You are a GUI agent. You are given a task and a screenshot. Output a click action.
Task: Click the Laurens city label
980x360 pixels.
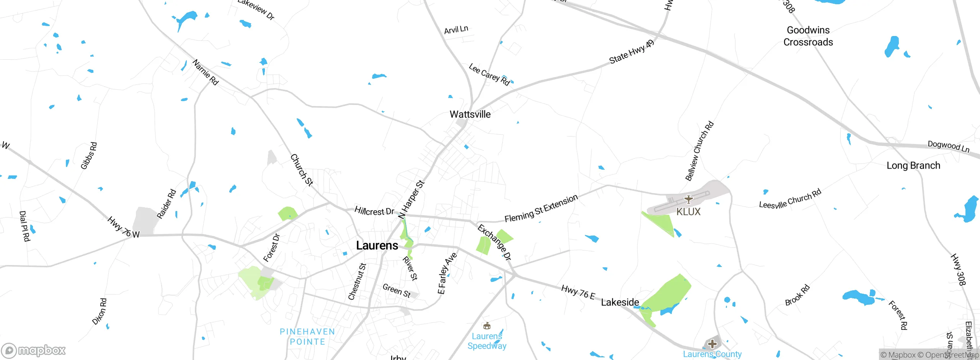pyautogui.click(x=377, y=245)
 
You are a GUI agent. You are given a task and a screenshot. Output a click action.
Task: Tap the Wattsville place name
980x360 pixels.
pyautogui.click(x=470, y=114)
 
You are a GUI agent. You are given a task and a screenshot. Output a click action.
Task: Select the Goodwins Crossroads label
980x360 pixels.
pyautogui.click(x=808, y=36)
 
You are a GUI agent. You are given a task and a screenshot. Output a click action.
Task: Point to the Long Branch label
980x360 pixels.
pyautogui.click(x=913, y=165)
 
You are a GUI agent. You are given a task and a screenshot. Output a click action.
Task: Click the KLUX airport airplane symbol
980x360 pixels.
pyautogui.click(x=689, y=199)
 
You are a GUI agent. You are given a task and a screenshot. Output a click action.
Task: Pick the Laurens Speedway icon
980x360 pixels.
pyautogui.click(x=487, y=326)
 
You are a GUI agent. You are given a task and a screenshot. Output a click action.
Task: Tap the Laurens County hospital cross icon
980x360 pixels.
pyautogui.click(x=712, y=344)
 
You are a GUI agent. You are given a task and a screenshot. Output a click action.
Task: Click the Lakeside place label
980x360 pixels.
pyautogui.click(x=620, y=302)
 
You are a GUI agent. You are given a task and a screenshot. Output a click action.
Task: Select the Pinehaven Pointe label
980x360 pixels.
pyautogui.click(x=307, y=337)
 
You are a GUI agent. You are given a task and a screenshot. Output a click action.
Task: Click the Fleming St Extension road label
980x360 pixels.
pyautogui.click(x=541, y=208)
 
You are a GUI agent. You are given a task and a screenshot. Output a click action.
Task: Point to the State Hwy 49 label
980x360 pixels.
pyautogui.click(x=632, y=52)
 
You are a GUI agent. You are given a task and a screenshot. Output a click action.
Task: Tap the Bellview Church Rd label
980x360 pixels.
pyautogui.click(x=699, y=151)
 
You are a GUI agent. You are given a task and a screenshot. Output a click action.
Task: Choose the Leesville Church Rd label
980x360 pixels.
pyautogui.click(x=790, y=199)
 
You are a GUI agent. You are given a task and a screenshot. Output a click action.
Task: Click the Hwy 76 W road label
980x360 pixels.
pyautogui.click(x=123, y=227)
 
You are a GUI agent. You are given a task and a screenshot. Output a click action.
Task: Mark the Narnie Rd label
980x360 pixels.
pyautogui.click(x=205, y=72)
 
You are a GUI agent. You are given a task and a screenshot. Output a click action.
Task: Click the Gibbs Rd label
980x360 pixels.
pyautogui.click(x=89, y=155)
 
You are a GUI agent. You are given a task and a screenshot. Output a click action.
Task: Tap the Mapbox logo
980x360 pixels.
pyautogui.click(x=34, y=350)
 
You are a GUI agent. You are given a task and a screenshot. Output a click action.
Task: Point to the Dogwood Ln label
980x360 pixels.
pyautogui.click(x=949, y=146)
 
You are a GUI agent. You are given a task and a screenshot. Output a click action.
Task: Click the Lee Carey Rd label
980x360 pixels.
pyautogui.click(x=489, y=74)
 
